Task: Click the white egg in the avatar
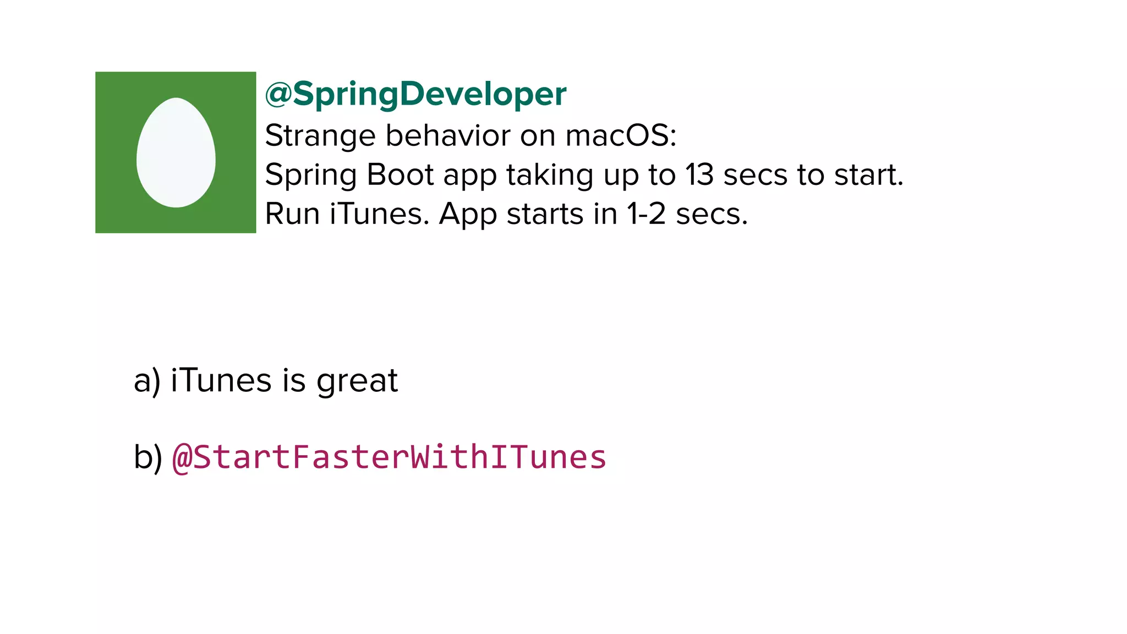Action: coord(176,152)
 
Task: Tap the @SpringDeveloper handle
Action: coord(415,94)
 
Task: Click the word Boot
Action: coord(400,174)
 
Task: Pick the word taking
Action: coord(549,176)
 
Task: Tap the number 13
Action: coord(699,174)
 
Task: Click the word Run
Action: coord(292,214)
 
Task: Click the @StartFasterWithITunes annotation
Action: coord(389,457)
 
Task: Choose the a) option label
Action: coord(147,380)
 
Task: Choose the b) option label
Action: coord(147,457)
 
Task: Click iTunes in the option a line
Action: coord(221,380)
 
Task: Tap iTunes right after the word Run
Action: coord(379,214)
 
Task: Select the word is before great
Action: coord(294,380)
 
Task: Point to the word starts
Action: coord(544,214)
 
